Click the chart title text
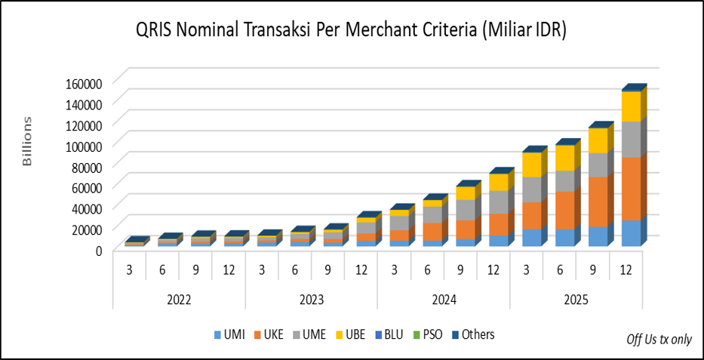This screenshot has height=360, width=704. [x=351, y=30]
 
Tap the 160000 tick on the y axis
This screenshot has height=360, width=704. [x=81, y=82]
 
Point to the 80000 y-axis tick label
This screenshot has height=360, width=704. [x=84, y=165]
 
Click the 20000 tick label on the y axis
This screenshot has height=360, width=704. [x=84, y=228]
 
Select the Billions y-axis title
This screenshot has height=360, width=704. [x=27, y=141]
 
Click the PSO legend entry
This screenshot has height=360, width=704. [x=433, y=334]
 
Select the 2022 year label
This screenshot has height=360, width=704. [x=179, y=300]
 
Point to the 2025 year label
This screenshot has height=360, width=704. [x=575, y=300]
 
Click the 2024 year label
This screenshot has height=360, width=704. [x=443, y=300]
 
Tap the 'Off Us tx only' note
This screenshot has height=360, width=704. [x=659, y=339]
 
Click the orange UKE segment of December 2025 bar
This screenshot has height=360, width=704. [x=631, y=189]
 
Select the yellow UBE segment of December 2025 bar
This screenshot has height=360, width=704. [x=631, y=106]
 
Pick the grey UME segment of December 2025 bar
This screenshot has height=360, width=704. [x=631, y=139]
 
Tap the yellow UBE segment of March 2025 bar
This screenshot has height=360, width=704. [x=532, y=165]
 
